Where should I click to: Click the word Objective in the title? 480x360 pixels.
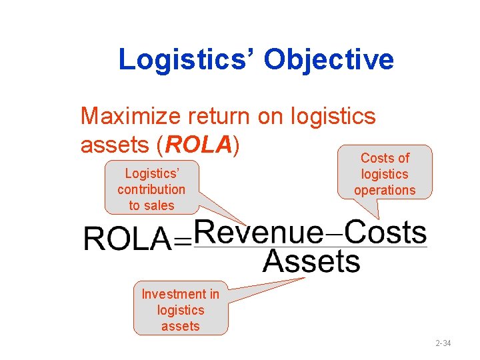click(x=329, y=60)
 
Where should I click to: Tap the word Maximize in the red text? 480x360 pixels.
click(x=130, y=117)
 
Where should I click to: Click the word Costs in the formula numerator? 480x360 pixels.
click(x=387, y=233)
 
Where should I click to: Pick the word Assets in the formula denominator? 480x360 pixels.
click(x=311, y=261)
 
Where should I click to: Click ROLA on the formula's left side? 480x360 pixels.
click(x=127, y=238)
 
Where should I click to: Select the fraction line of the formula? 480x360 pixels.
click(x=310, y=247)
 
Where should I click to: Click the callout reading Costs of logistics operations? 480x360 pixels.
click(x=385, y=174)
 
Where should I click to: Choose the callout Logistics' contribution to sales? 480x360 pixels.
click(x=151, y=189)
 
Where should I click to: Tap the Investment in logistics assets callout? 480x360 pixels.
click(x=180, y=309)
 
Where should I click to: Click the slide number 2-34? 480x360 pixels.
click(x=443, y=343)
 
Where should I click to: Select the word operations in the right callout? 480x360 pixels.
click(x=385, y=190)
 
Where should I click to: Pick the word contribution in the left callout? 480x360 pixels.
click(x=151, y=189)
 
